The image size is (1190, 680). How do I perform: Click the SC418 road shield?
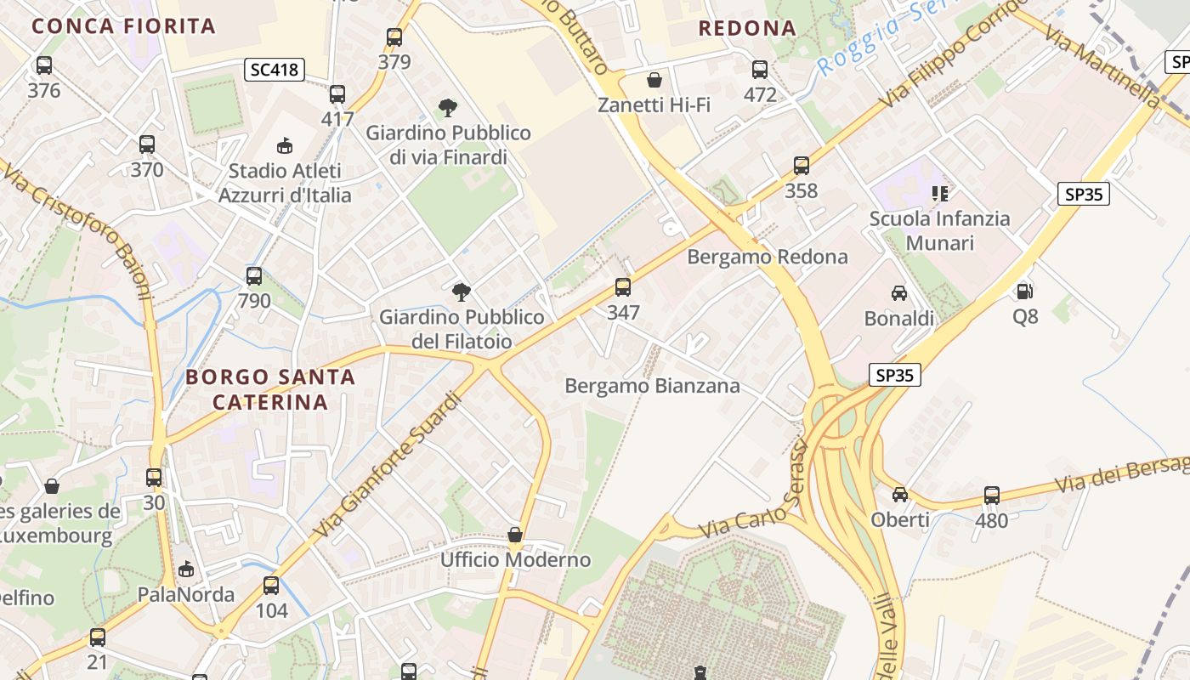[x=275, y=70]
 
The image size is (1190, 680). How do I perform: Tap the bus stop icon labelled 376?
[x=44, y=65]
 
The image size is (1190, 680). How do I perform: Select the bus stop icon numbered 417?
[x=337, y=94]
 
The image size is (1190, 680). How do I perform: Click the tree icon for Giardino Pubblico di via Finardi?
[x=448, y=108]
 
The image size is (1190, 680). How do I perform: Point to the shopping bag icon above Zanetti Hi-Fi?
[x=654, y=80]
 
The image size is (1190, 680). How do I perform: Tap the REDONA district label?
[x=747, y=28]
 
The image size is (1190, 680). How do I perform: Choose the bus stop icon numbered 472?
[x=760, y=70]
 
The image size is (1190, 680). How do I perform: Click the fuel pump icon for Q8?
[x=1025, y=292]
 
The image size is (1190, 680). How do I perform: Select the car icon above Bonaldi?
[x=898, y=293]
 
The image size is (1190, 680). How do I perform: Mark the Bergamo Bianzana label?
[x=652, y=386]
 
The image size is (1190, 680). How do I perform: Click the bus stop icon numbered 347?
[x=623, y=287]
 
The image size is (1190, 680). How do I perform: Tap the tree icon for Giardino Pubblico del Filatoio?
[x=462, y=292]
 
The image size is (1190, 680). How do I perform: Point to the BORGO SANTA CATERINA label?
[x=270, y=389]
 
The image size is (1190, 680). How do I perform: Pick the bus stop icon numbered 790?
[x=254, y=276]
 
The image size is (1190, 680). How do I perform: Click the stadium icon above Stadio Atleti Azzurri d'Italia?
[x=285, y=145]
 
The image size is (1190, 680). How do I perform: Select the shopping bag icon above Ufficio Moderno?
[x=515, y=535]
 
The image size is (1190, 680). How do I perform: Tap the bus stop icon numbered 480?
[x=992, y=496]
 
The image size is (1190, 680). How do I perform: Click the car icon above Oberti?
[x=900, y=495]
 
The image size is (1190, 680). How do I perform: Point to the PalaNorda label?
[x=186, y=594]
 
